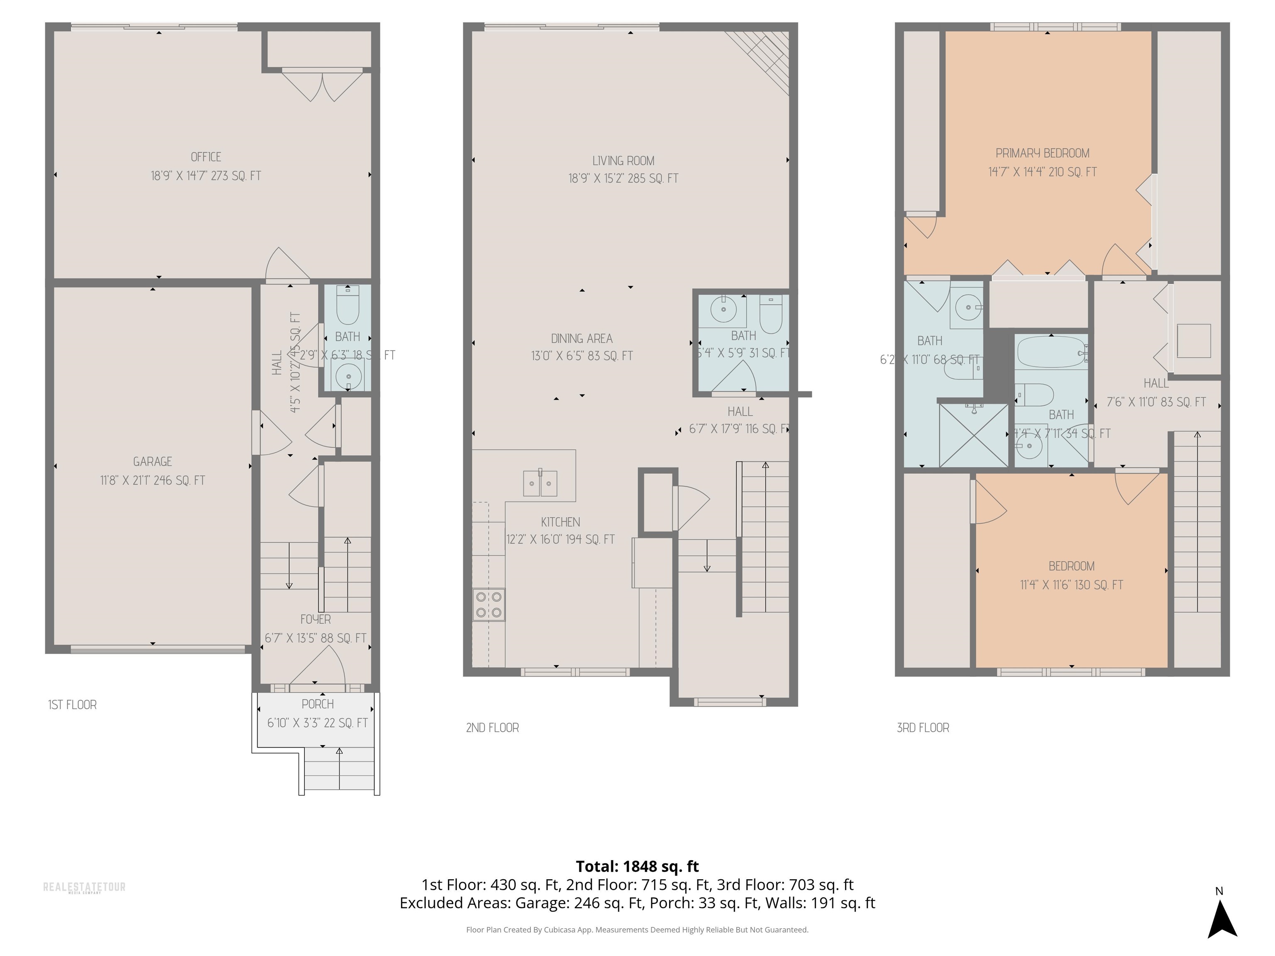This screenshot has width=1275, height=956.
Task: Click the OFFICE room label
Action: (206, 157)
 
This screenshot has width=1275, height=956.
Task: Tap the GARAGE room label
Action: (152, 461)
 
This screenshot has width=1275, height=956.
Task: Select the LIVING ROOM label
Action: (623, 161)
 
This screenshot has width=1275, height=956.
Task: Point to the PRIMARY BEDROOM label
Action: (1042, 153)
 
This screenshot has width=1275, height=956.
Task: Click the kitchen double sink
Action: (540, 483)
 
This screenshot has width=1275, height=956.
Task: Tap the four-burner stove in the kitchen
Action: (489, 605)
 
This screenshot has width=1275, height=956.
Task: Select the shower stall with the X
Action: (974, 435)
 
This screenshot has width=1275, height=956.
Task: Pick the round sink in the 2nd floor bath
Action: (723, 310)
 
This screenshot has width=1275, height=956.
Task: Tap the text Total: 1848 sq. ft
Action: (637, 866)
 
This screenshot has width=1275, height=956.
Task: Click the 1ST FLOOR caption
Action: (72, 705)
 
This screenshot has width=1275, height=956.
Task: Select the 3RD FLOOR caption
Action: (922, 728)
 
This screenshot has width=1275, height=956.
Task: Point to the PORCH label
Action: (318, 704)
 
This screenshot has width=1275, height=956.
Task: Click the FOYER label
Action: (315, 619)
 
